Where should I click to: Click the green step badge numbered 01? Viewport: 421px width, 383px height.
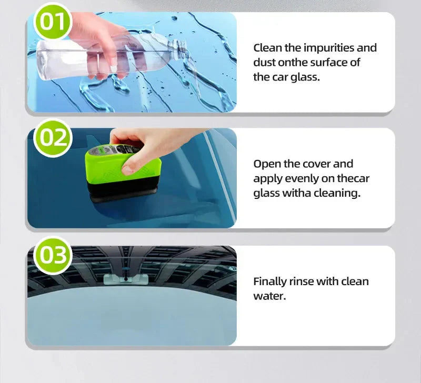tap(52, 22)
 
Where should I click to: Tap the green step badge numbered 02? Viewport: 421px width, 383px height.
tap(52, 137)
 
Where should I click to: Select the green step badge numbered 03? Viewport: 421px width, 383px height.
tap(52, 255)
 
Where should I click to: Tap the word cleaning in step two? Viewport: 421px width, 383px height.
tap(336, 193)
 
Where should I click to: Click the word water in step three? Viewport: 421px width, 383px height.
tap(269, 296)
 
